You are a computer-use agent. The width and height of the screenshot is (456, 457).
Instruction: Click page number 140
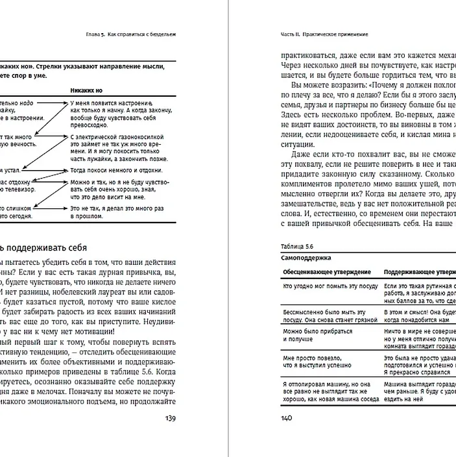pos(285,419)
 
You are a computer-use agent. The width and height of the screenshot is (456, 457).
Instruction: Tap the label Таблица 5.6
pos(293,247)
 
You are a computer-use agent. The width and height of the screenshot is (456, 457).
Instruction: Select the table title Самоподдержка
pos(304,258)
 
